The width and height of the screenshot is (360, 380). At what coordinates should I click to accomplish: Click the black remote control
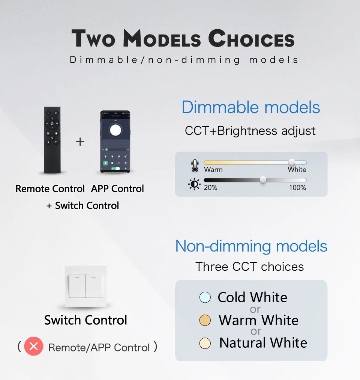tap(52, 140)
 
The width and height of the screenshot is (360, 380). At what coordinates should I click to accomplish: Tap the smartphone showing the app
tap(115, 142)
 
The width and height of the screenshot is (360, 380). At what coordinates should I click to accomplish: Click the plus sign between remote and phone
tap(80, 142)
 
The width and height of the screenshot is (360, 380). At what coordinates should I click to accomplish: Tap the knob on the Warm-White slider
tap(292, 162)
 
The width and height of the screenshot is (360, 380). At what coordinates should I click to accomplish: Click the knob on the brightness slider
tap(263, 180)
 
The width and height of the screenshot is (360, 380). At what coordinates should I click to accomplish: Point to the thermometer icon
tap(195, 166)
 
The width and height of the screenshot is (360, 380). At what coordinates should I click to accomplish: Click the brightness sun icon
tap(194, 184)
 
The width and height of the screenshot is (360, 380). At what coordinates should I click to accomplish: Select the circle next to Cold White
tap(205, 298)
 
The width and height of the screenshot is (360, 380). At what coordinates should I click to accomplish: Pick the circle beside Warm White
tap(205, 320)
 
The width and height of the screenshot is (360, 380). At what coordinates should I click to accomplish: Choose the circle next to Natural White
tap(205, 343)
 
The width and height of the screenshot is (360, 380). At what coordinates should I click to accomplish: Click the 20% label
tap(210, 187)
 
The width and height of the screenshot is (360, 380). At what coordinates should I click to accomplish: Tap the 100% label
tap(297, 187)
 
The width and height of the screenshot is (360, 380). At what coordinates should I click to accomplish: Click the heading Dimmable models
tap(250, 107)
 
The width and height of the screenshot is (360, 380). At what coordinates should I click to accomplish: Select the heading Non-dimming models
tap(251, 246)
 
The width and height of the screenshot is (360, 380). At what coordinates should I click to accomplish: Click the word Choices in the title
tap(251, 39)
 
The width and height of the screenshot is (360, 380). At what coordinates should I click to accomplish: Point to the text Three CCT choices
tap(249, 267)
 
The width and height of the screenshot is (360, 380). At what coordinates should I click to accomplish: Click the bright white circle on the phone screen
tap(115, 129)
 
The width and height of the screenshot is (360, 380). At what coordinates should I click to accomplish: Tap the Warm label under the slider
tap(213, 169)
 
